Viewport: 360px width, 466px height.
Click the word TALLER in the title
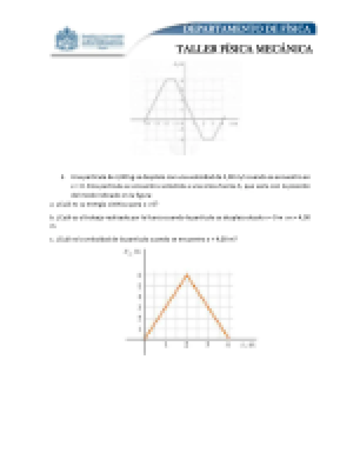coord(192,49)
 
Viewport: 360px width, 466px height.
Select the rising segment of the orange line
coord(166,307)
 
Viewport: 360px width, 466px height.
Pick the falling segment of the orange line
coord(208,307)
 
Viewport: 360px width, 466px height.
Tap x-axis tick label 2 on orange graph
coord(187,346)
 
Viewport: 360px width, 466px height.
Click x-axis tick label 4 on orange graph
coord(229,346)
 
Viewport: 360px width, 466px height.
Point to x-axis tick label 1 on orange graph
coord(166,346)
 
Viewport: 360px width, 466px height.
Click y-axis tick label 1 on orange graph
coord(140,329)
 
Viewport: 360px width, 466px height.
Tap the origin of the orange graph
coord(145,339)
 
